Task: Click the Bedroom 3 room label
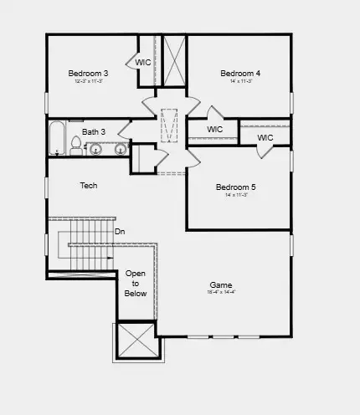[x=88, y=74]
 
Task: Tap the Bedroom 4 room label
[x=240, y=74]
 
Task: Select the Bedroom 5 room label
[x=235, y=187]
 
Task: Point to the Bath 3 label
[x=94, y=132]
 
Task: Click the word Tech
[x=89, y=185]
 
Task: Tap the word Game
[x=221, y=284]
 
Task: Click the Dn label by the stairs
[x=120, y=231]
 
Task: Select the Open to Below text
[x=136, y=284]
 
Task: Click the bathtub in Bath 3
[x=57, y=139]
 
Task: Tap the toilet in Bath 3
[x=76, y=149]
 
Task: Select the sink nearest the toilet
[x=95, y=150]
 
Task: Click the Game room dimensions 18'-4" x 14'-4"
[x=221, y=292]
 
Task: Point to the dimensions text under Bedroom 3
[x=88, y=81]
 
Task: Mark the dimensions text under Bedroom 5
[x=235, y=194]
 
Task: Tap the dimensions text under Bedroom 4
[x=240, y=81]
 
